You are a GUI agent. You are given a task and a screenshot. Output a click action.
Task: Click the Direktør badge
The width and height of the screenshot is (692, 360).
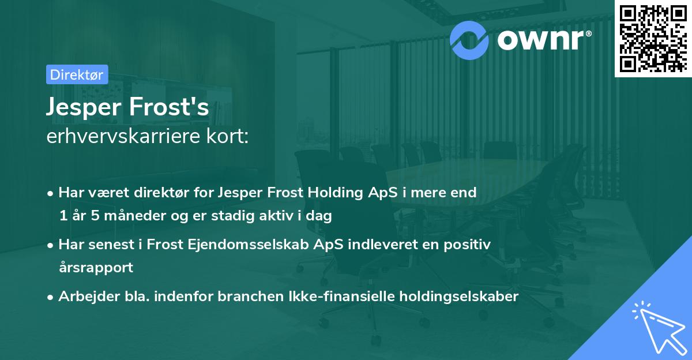click(x=77, y=74)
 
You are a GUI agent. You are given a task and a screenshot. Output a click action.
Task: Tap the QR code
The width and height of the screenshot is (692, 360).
click(x=653, y=39)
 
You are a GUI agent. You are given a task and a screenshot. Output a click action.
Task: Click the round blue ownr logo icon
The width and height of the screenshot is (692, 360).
click(x=469, y=39)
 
